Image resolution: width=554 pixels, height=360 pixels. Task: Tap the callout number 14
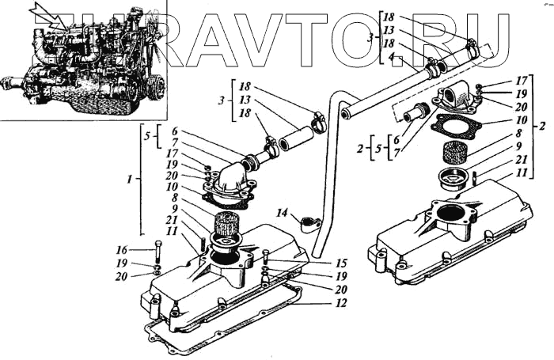click(x=281, y=213)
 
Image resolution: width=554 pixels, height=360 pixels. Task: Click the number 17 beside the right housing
click(x=522, y=81)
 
